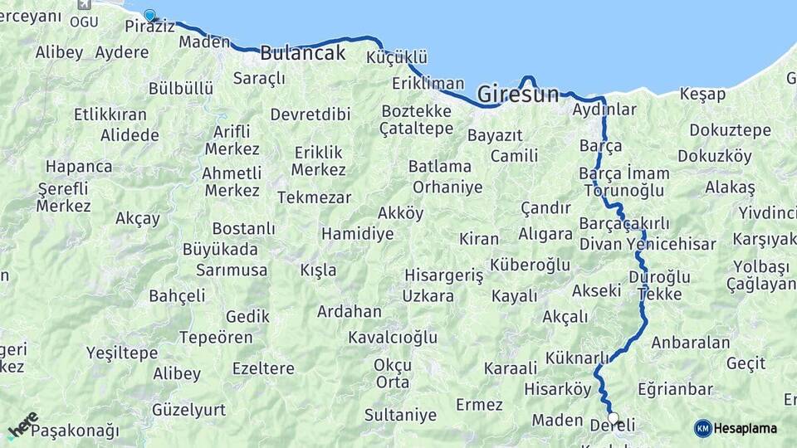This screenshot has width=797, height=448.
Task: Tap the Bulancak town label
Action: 302,53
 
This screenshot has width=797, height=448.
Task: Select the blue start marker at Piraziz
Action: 149,15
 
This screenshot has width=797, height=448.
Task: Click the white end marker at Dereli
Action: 614,417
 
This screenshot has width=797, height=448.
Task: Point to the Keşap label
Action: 702,94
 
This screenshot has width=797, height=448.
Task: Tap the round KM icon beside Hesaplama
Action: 702,428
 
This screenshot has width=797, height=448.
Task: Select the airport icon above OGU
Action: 83,4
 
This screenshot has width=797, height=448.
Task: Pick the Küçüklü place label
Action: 397,57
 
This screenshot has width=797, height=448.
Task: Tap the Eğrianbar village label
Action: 675,389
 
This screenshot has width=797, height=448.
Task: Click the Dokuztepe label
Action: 718,130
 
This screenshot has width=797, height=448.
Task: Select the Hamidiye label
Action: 357,234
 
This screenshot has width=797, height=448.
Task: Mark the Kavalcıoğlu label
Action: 392,338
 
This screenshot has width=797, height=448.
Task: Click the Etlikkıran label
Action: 110,114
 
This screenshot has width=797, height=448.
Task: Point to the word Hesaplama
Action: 745,428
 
